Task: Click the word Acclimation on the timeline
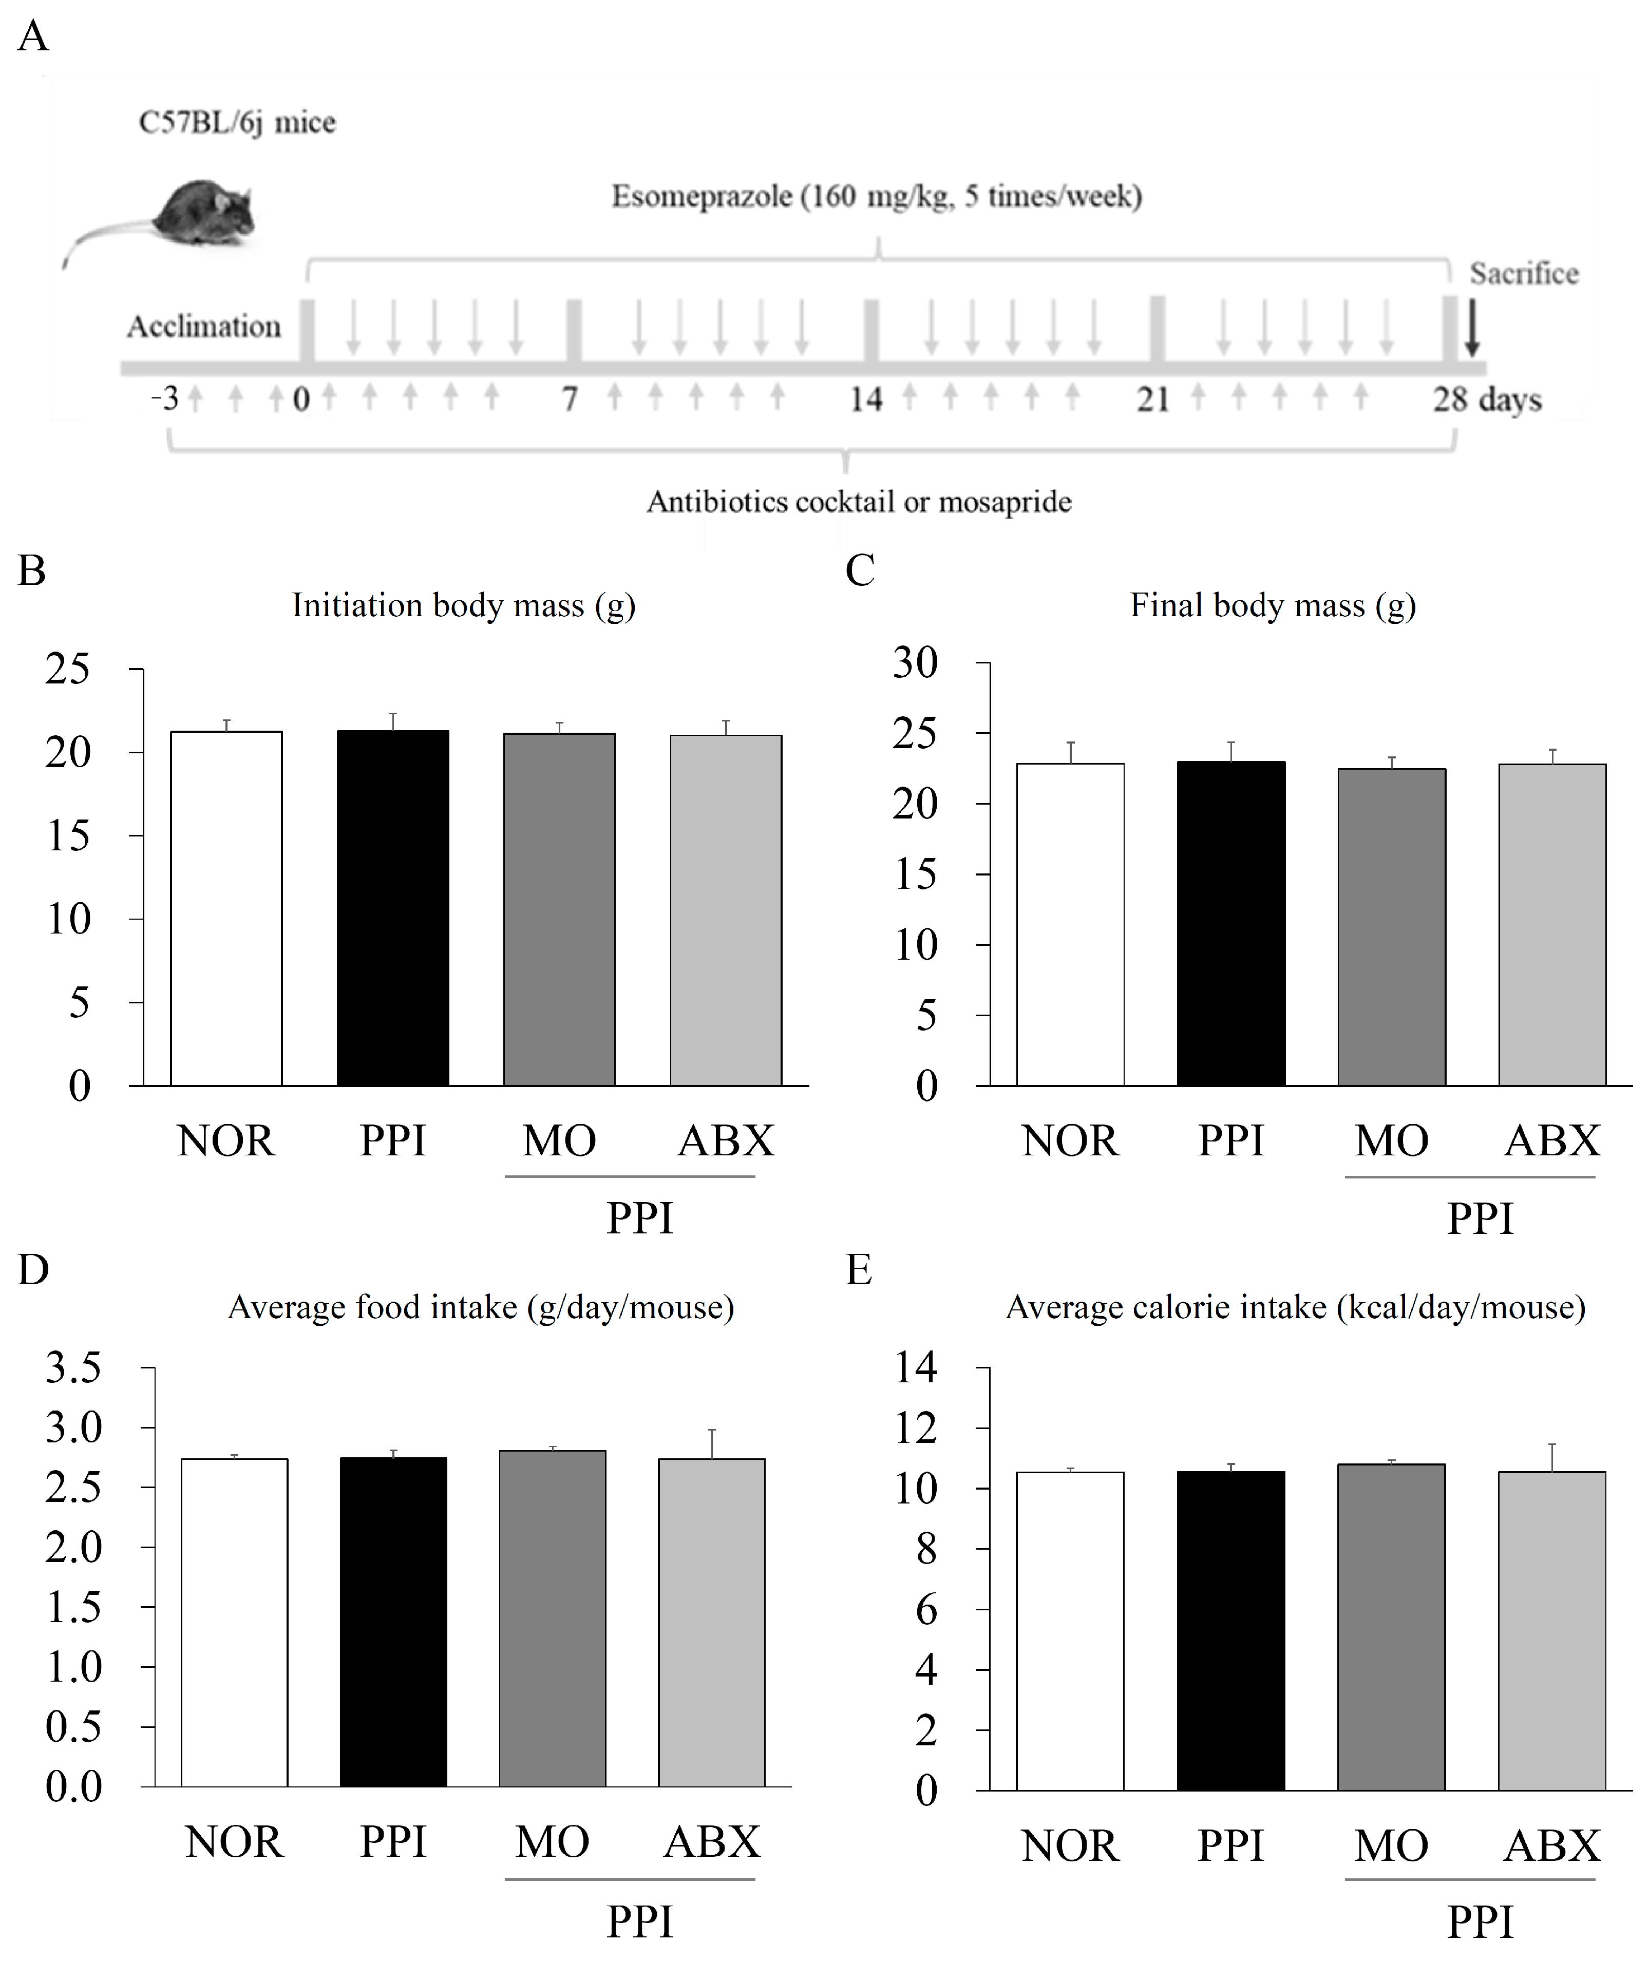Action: tap(204, 326)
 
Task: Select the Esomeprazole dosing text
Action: tap(877, 196)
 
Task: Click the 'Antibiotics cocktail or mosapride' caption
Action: tap(858, 502)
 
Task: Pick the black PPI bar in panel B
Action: tap(393, 907)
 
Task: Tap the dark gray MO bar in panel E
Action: tap(1391, 1626)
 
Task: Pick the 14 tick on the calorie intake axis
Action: tap(916, 1367)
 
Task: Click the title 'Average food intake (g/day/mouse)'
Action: tap(481, 1307)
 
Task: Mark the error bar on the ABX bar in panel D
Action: tap(711, 1443)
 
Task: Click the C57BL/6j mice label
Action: tap(237, 122)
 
